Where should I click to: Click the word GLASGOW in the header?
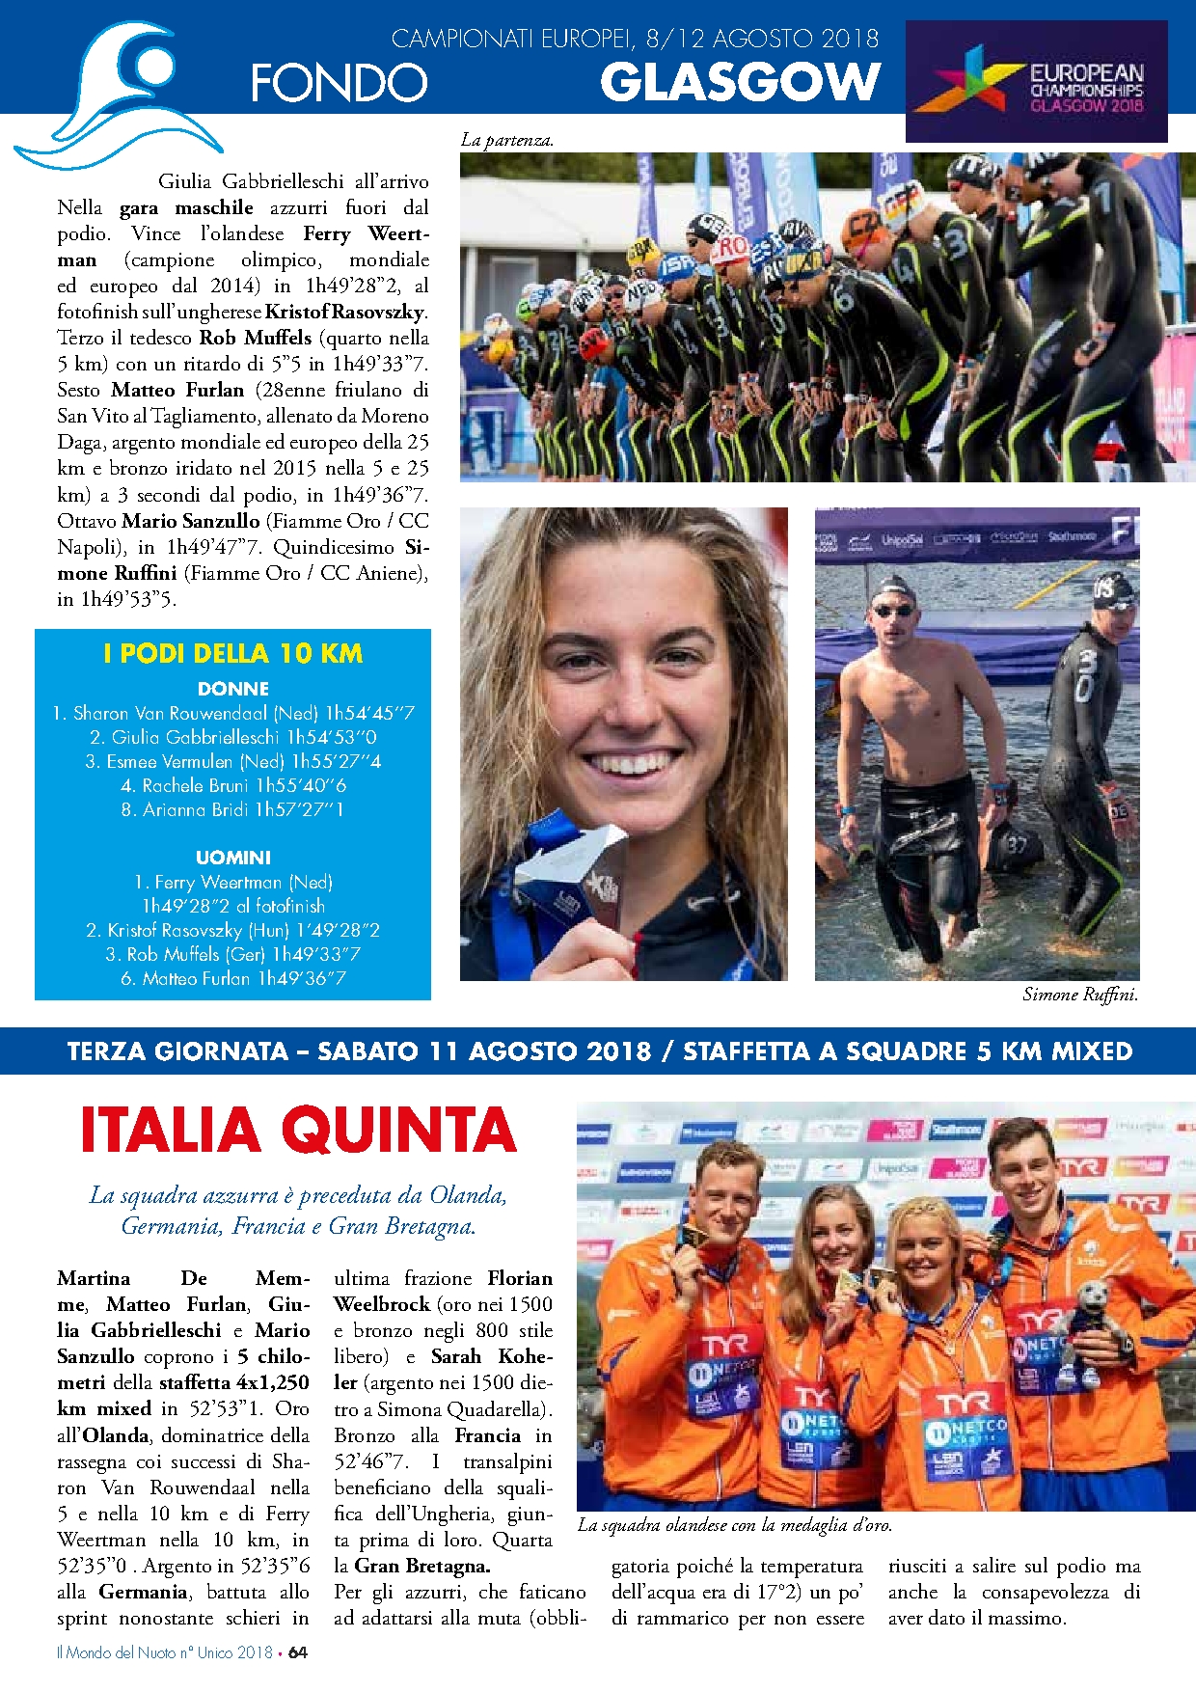(740, 82)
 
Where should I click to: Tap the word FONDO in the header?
(339, 83)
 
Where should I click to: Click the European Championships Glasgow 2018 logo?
(1036, 83)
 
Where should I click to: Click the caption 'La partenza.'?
(507, 140)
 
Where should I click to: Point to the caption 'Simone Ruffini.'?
(1080, 995)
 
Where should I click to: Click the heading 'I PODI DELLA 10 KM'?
(233, 654)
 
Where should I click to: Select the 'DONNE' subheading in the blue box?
(233, 689)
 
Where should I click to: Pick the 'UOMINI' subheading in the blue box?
(233, 858)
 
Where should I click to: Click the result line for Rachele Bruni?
(233, 785)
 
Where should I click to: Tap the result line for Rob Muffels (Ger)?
(233, 954)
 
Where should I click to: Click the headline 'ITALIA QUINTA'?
(299, 1130)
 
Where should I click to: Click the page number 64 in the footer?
(298, 1652)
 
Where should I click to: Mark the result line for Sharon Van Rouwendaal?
(233, 713)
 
